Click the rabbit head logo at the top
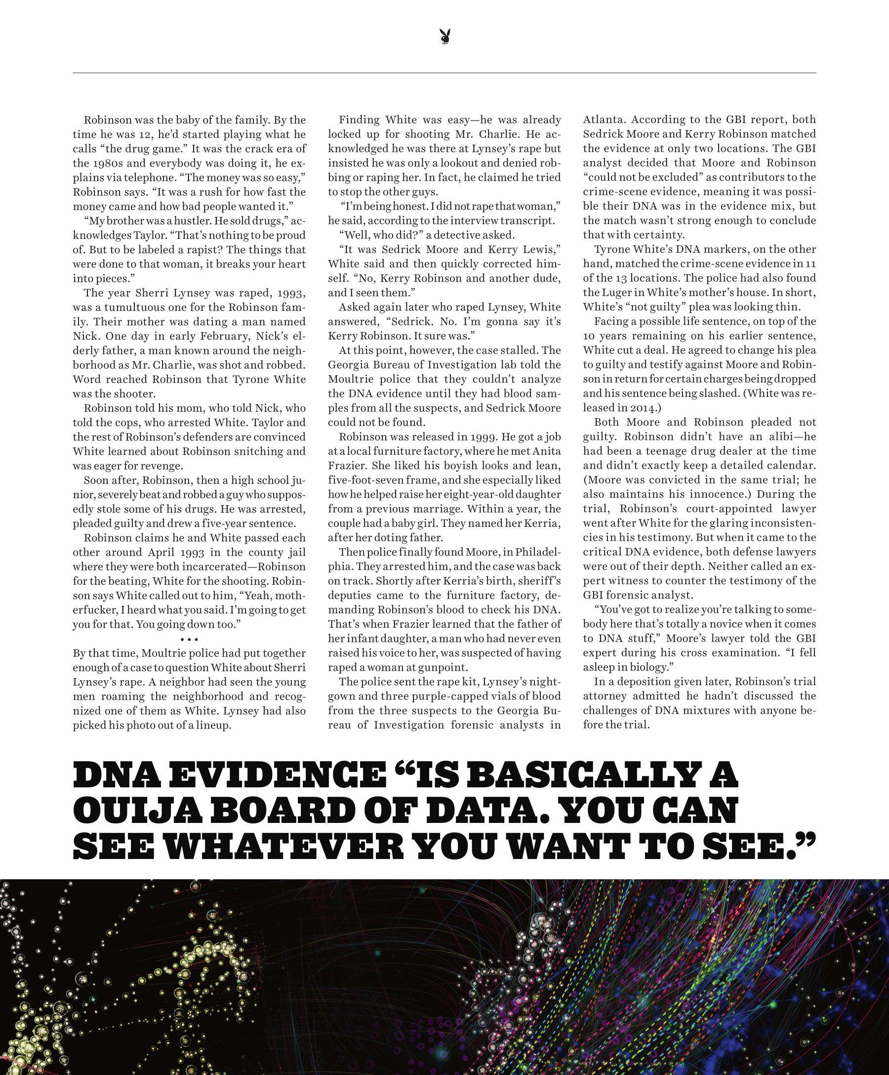point(444,38)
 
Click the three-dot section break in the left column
point(189,640)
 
